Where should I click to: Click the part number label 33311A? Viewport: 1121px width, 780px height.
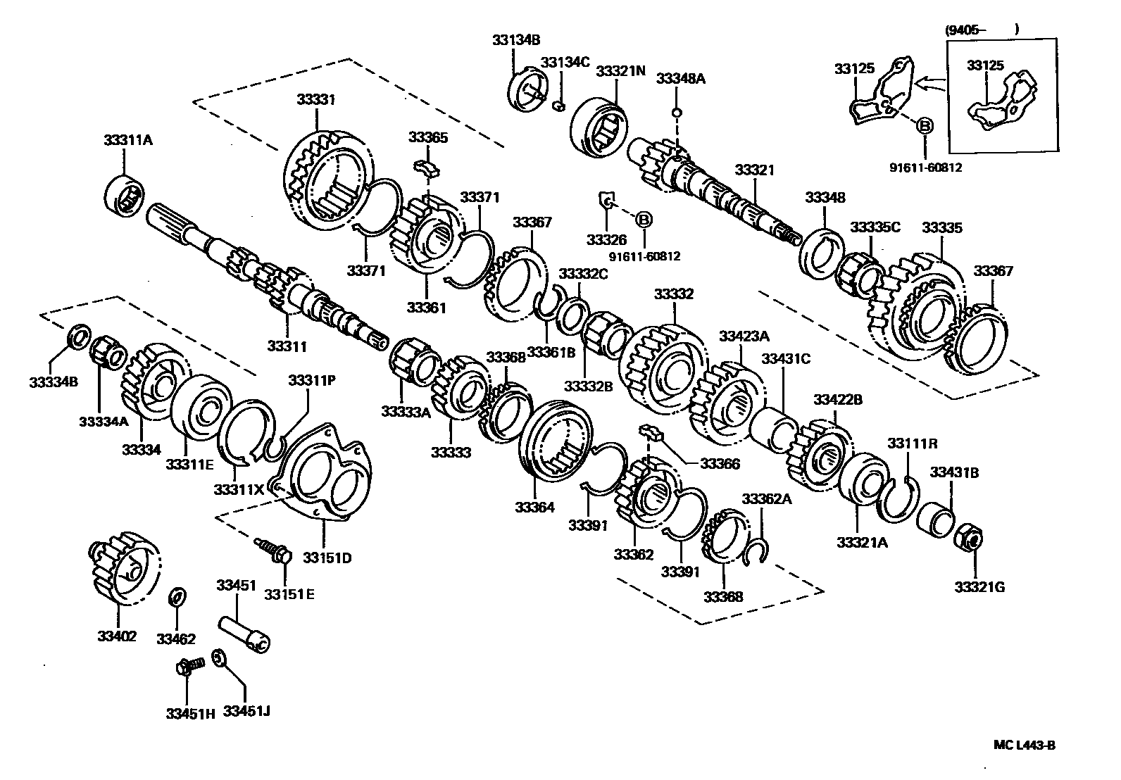coord(127,140)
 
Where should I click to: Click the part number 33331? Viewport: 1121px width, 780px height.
coord(315,100)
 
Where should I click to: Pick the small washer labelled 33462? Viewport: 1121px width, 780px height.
coord(177,598)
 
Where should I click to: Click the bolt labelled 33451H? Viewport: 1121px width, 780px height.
coord(187,665)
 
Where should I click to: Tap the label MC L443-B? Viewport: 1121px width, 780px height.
coord(1025,746)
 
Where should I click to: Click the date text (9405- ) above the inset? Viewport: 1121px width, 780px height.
coord(982,30)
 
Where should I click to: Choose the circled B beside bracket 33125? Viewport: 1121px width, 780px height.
coord(925,126)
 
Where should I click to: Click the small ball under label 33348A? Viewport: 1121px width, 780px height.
coord(676,113)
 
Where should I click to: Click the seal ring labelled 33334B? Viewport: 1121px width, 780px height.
coord(79,336)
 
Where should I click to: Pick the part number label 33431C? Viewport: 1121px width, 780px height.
coord(785,359)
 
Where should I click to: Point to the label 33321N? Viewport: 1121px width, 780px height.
coord(620,71)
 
